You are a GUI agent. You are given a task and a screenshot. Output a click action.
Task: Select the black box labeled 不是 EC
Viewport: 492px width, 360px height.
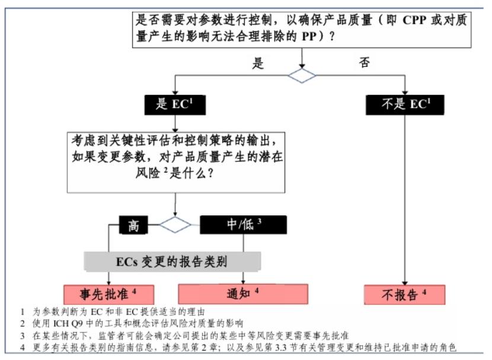pyautogui.click(x=405, y=104)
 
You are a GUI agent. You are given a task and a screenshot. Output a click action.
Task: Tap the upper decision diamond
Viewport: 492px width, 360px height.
pyautogui.click(x=303, y=75)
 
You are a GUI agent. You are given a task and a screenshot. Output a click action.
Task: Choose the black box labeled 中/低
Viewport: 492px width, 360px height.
pyautogui.click(x=243, y=225)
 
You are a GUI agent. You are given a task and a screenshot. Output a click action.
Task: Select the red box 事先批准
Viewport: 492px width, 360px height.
pyautogui.click(x=108, y=294)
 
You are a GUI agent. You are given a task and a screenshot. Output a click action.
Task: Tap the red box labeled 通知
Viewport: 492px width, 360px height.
pyautogui.click(x=243, y=294)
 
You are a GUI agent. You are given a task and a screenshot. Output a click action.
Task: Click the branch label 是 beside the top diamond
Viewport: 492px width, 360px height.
pyautogui.click(x=258, y=63)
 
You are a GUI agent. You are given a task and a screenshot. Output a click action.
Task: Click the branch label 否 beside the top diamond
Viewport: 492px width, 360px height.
pyautogui.click(x=365, y=63)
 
